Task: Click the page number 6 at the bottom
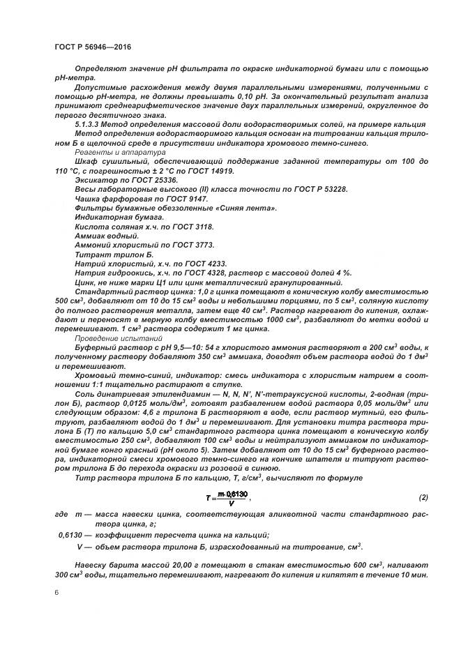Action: (x=56, y=593)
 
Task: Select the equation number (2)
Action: (x=423, y=498)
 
